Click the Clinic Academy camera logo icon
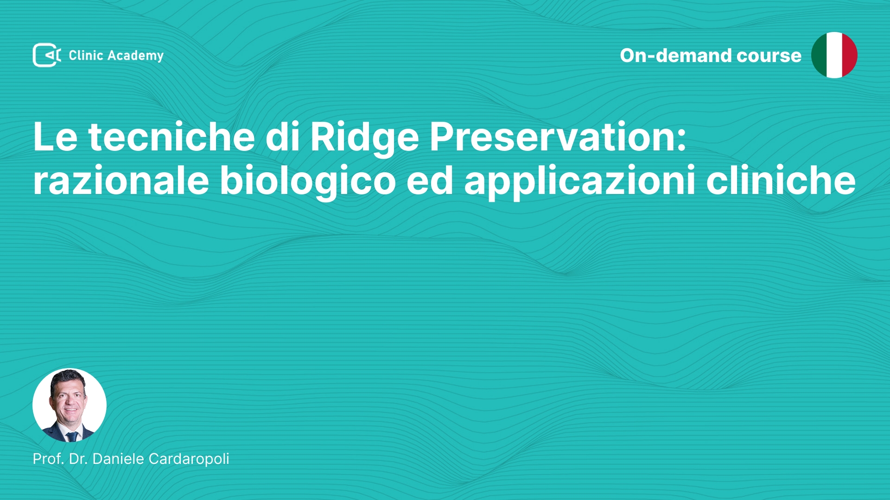pos(47,55)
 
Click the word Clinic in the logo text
pos(86,55)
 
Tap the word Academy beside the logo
pos(135,56)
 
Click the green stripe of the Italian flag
pos(819,55)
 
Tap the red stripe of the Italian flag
pos(850,55)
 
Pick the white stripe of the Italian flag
pos(834,55)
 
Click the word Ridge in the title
pos(364,138)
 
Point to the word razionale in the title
pos(121,180)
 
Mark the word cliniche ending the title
pos(781,180)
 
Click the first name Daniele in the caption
pos(118,459)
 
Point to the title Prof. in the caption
pos(48,459)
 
